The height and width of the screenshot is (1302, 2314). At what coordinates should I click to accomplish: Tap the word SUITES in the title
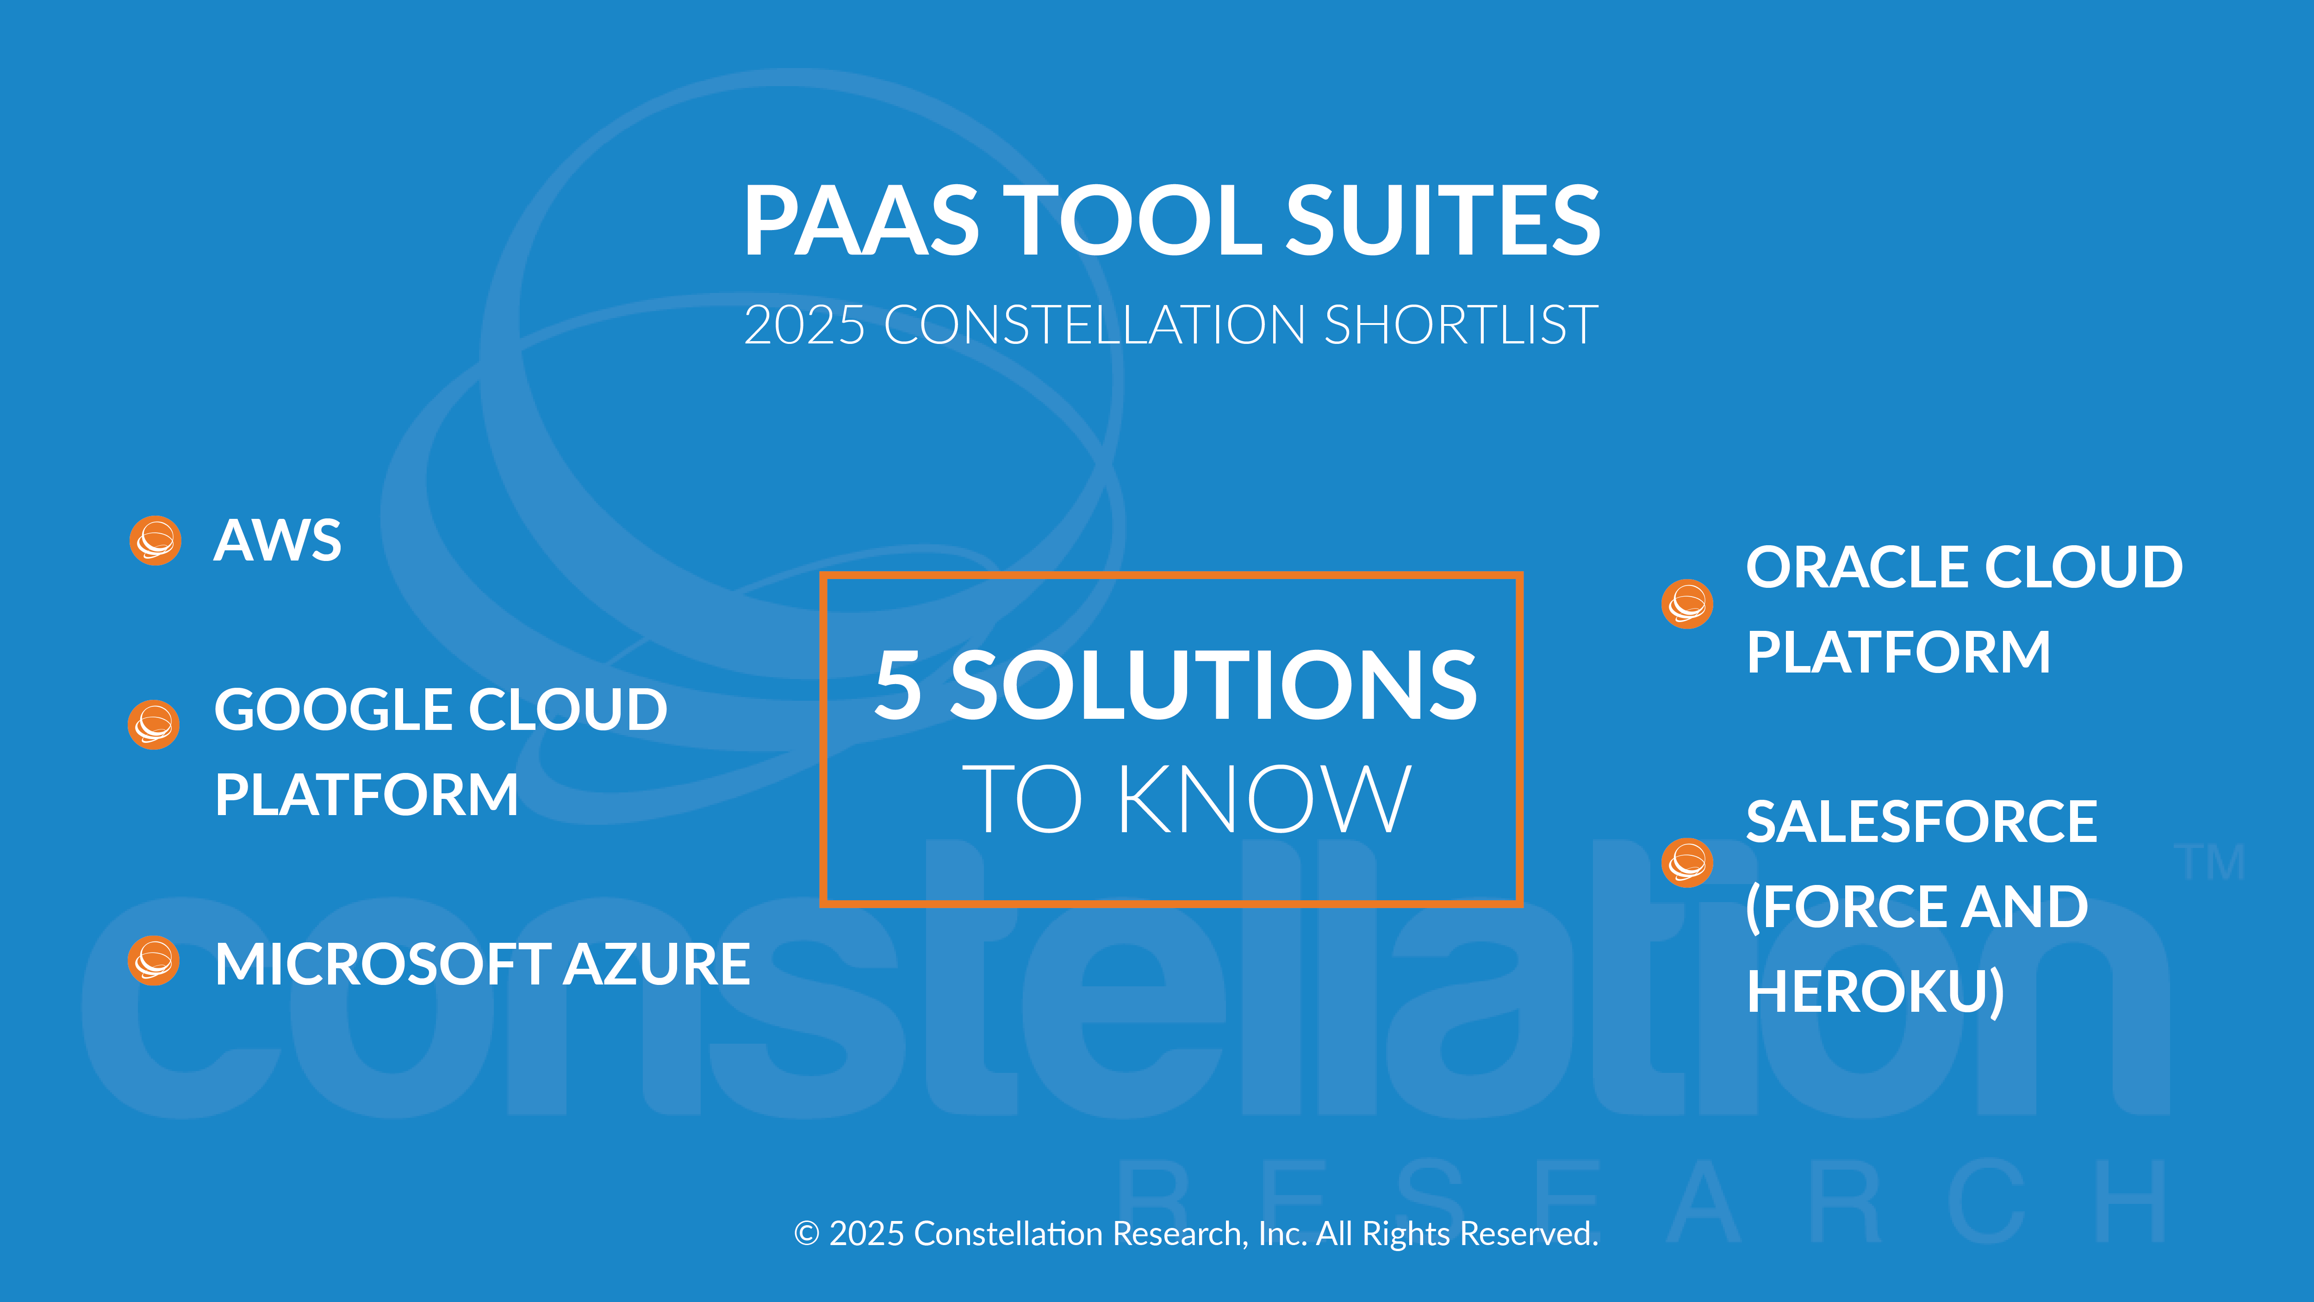coord(1443,220)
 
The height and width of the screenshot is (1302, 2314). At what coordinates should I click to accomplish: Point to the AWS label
coord(278,541)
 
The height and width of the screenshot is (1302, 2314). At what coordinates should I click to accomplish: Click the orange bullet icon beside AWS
coord(156,540)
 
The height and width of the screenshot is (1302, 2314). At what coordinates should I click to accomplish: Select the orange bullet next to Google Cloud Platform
coord(154,724)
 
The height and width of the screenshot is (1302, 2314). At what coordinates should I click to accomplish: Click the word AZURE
coord(657,964)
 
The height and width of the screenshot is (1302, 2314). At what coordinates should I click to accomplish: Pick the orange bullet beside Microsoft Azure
coord(154,960)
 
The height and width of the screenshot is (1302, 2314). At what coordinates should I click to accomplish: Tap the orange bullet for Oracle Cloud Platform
coord(1687,604)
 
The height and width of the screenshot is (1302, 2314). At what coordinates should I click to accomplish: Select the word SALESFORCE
coord(1922,822)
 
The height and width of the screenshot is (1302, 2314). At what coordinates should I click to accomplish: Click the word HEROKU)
coord(1876,992)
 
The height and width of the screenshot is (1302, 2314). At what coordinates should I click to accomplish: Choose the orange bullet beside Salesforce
coord(1687,863)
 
